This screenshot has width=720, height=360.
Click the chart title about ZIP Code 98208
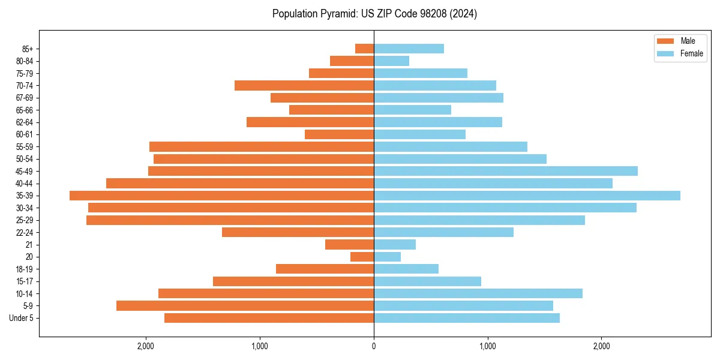[x=374, y=14]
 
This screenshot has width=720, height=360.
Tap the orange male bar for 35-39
[x=221, y=196]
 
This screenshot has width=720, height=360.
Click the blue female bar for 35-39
[x=527, y=196]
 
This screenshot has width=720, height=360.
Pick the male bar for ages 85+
[x=364, y=49]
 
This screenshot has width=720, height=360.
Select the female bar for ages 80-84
[x=391, y=61]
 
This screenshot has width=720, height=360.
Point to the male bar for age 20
[x=362, y=257]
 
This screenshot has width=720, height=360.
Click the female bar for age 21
[x=395, y=245]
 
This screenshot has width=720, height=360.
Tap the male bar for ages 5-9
[x=245, y=306]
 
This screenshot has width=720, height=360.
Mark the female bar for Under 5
[x=467, y=318]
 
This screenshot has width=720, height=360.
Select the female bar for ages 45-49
[x=506, y=171]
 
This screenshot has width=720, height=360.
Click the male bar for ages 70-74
[x=304, y=85]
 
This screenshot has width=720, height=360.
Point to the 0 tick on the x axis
[x=374, y=346]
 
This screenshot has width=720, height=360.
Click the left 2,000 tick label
[x=146, y=346]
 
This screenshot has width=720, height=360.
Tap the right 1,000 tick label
[x=488, y=346]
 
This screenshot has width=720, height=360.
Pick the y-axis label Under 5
[x=22, y=318]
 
